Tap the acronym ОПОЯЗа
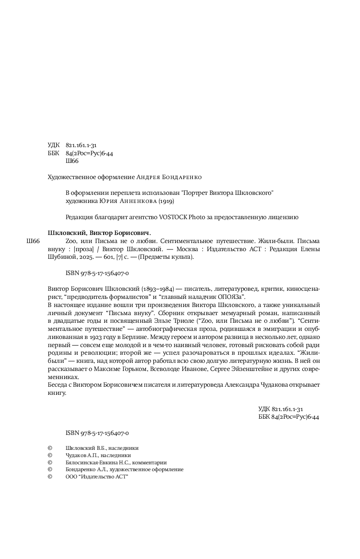pyautogui.click(x=232, y=297)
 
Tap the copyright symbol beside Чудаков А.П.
pyautogui.click(x=50, y=455)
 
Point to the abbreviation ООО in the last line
pyautogui.click(x=72, y=477)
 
